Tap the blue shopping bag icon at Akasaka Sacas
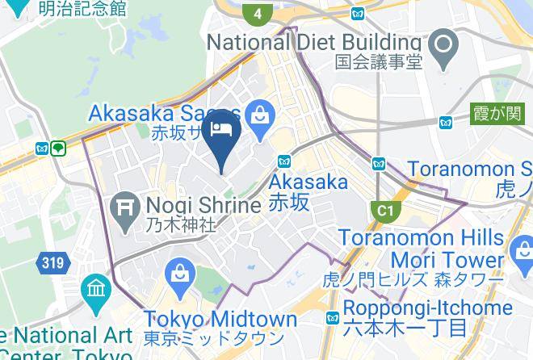[x=260, y=117]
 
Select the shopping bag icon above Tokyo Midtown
[x=179, y=276]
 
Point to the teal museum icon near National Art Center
[x=96, y=289]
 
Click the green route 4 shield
[x=258, y=13]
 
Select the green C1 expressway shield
[x=387, y=211]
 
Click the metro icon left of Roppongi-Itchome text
[x=332, y=318]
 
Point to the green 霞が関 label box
[x=497, y=114]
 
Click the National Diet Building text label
[x=315, y=42]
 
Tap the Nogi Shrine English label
[x=204, y=205]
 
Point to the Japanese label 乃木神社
[x=181, y=226]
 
